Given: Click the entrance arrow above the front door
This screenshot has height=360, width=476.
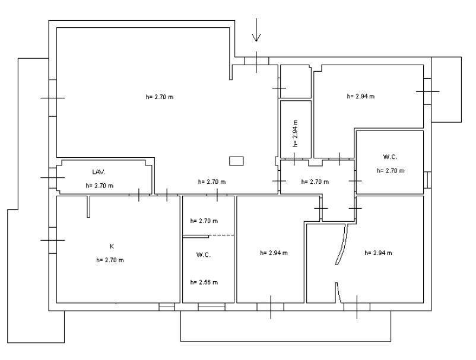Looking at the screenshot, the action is pyautogui.click(x=256, y=30).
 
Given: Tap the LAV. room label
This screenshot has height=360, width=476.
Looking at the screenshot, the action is pyautogui.click(x=99, y=172).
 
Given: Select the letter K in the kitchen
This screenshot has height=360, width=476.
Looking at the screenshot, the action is pyautogui.click(x=112, y=246).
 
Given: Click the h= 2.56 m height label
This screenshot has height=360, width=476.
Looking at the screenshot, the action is pyautogui.click(x=204, y=282).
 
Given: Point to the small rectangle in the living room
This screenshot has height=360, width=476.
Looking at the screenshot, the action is pyautogui.click(x=236, y=161).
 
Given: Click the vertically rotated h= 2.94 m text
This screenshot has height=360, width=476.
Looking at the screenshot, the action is pyautogui.click(x=295, y=133).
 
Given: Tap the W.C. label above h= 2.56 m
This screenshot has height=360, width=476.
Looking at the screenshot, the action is pyautogui.click(x=204, y=255).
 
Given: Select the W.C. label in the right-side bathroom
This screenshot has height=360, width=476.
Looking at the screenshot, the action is pyautogui.click(x=391, y=157).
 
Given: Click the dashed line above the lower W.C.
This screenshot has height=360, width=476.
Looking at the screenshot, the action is pyautogui.click(x=221, y=235).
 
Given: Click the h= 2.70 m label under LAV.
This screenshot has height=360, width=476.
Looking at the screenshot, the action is pyautogui.click(x=100, y=186).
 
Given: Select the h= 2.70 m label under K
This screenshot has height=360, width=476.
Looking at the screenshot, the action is pyautogui.click(x=110, y=260).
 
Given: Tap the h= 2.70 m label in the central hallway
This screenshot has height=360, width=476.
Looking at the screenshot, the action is pyautogui.click(x=315, y=182).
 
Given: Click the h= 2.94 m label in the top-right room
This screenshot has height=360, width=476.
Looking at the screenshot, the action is pyautogui.click(x=361, y=97).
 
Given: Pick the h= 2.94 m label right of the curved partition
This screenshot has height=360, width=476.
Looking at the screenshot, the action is pyautogui.click(x=378, y=253).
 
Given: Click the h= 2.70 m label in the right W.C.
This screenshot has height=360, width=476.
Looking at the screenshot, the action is pyautogui.click(x=391, y=171).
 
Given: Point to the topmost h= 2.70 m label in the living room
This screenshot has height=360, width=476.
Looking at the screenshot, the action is pyautogui.click(x=160, y=97).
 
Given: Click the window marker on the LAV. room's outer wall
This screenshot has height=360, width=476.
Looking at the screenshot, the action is pyautogui.click(x=52, y=177).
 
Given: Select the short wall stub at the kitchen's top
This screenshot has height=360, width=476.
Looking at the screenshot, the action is pyautogui.click(x=88, y=206).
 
